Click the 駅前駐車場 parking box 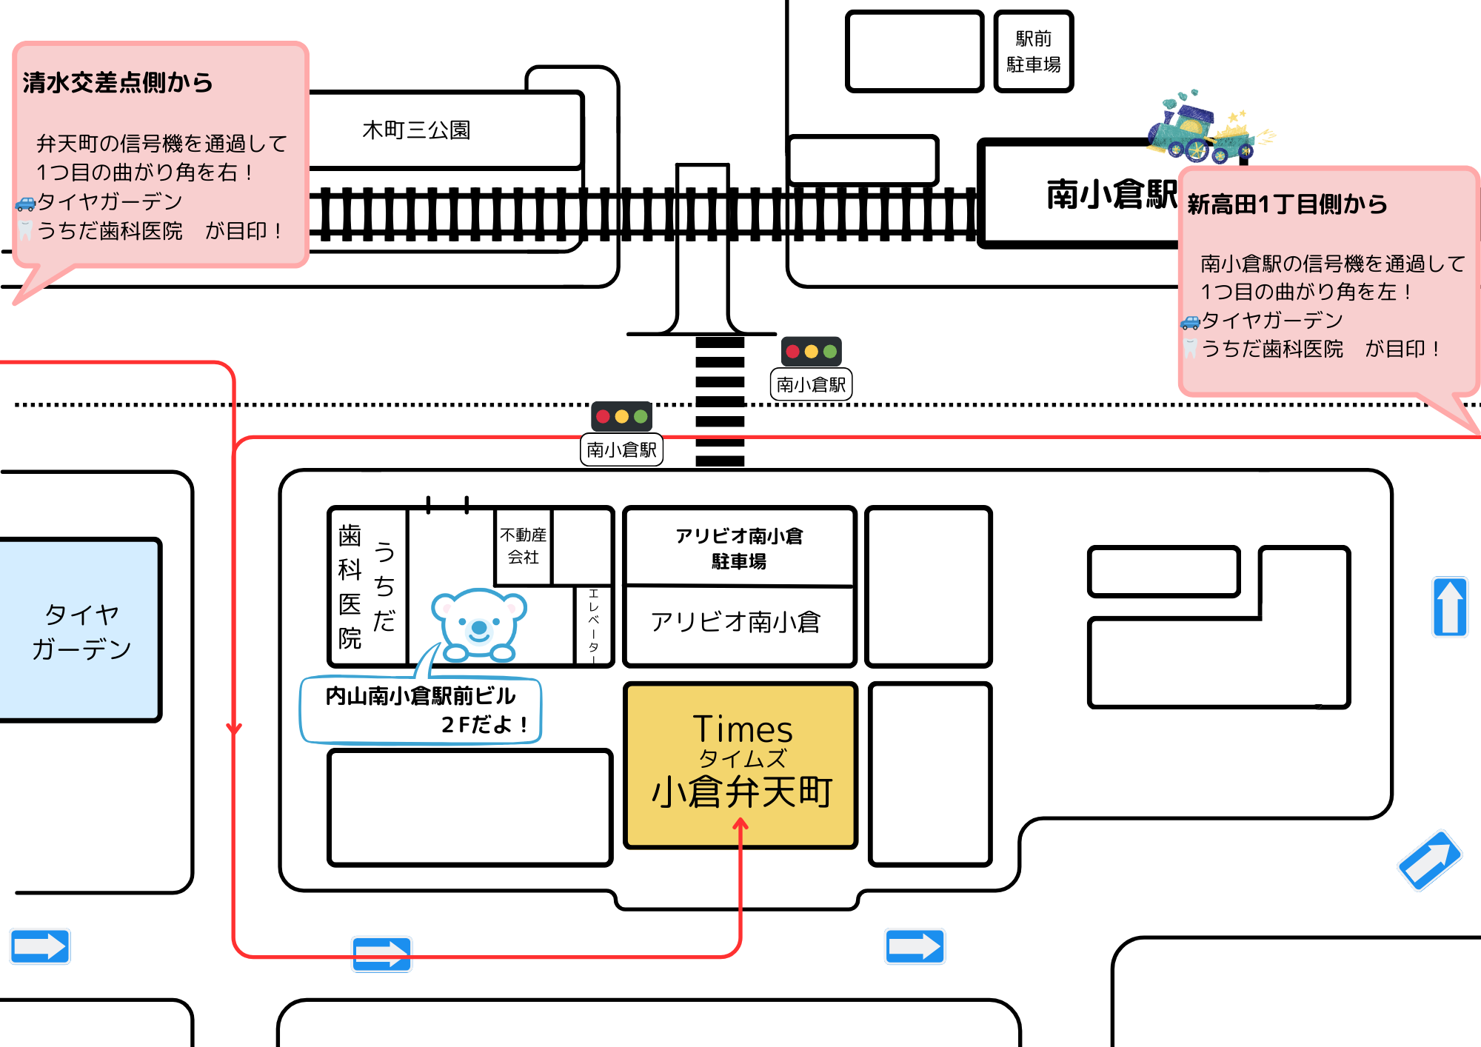tap(1033, 52)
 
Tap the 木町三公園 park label tap(416, 130)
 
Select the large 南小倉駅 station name tap(1111, 194)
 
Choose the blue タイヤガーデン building tap(80, 629)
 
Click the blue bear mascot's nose tap(479, 629)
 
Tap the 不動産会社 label tap(523, 546)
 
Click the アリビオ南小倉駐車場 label tap(739, 548)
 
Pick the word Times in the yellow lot tap(743, 729)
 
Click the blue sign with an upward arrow tap(1449, 607)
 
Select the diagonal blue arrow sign tap(1429, 860)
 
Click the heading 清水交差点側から tap(118, 83)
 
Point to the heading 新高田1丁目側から tap(1287, 204)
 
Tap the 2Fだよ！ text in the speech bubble tap(484, 724)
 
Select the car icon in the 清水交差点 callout tap(25, 204)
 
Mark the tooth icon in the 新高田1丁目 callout tap(1190, 349)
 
